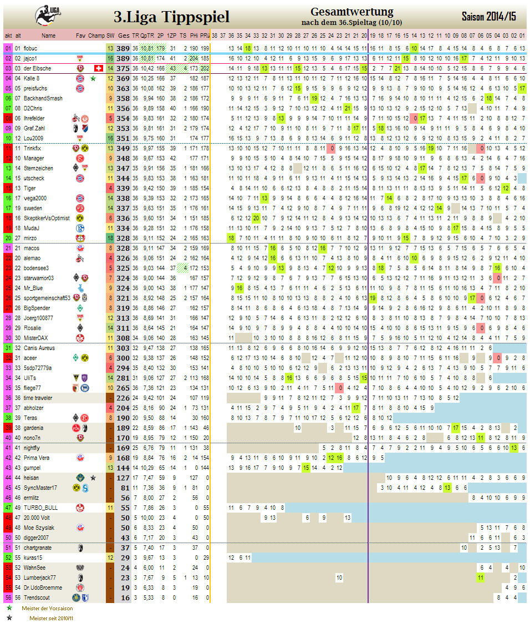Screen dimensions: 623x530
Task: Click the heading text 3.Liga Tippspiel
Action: [x=171, y=17]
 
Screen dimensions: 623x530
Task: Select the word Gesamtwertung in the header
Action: [x=351, y=12]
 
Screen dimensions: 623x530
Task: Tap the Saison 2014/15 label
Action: [x=488, y=17]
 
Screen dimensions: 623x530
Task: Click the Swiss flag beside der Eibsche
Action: [x=99, y=68]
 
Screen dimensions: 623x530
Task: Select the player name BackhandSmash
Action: [x=40, y=98]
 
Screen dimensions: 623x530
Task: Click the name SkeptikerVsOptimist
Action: [x=47, y=218]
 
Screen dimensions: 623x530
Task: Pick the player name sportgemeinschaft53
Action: [x=47, y=298]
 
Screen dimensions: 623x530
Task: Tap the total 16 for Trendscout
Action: [x=125, y=597]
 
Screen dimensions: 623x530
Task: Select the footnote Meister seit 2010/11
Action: [x=52, y=617]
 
